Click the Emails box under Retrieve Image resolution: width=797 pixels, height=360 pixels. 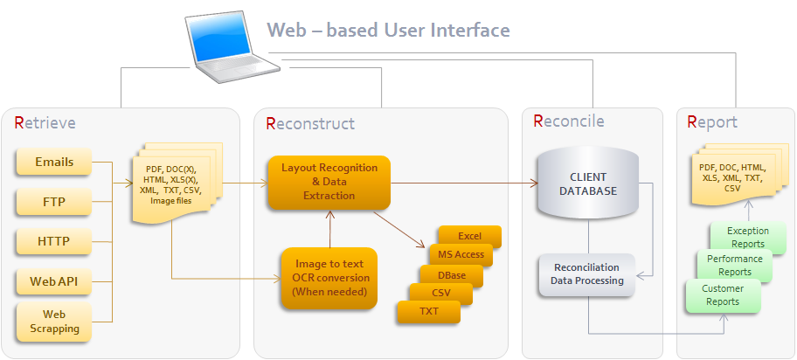click(x=54, y=163)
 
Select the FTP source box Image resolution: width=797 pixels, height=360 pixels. click(x=54, y=203)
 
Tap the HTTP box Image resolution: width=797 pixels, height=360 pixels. click(x=54, y=241)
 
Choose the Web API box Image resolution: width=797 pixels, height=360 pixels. click(x=54, y=280)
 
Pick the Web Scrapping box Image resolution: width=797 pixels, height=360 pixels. click(x=54, y=321)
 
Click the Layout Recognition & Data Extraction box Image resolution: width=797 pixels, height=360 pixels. click(x=329, y=182)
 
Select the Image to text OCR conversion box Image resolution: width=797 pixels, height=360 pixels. click(x=329, y=278)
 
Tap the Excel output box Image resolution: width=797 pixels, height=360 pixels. click(x=470, y=237)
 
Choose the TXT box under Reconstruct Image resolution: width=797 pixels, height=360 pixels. click(x=429, y=312)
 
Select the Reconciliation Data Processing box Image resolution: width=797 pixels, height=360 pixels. click(x=586, y=274)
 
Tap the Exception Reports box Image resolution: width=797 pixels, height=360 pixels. click(x=745, y=238)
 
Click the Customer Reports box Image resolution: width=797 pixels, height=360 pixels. click(x=722, y=295)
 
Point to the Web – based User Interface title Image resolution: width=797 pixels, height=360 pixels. click(x=388, y=31)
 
